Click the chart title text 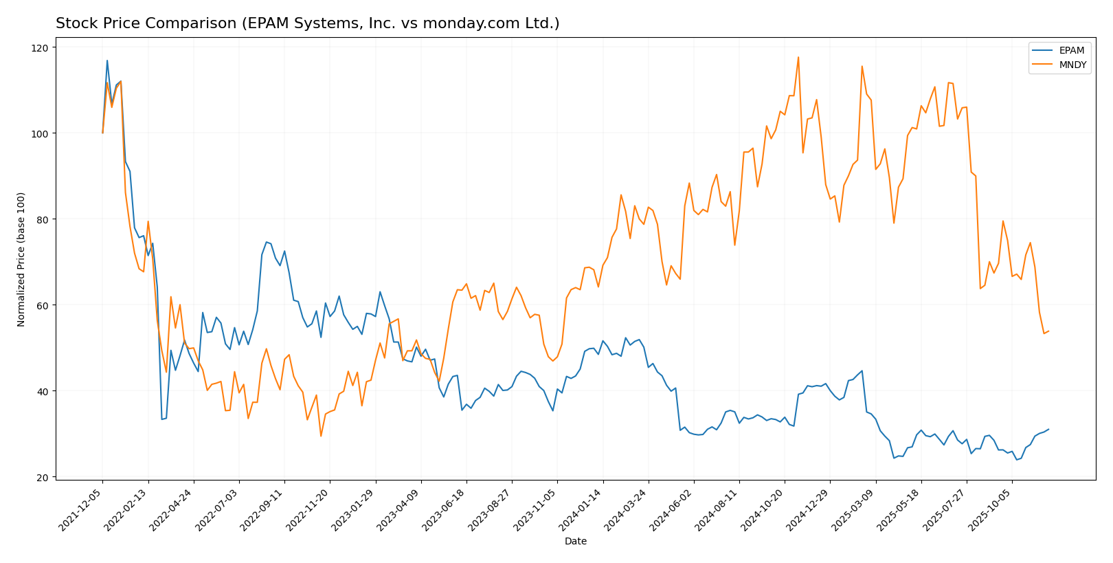click(x=307, y=23)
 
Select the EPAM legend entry click(x=1071, y=50)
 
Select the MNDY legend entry click(x=1072, y=65)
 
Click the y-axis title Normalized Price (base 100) click(x=21, y=259)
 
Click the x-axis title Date click(x=575, y=541)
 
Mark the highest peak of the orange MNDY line click(x=798, y=57)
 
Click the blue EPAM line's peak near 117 click(x=107, y=60)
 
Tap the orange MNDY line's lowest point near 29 click(x=320, y=436)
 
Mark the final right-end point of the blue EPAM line click(x=1048, y=429)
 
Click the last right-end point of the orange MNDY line click(x=1048, y=331)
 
